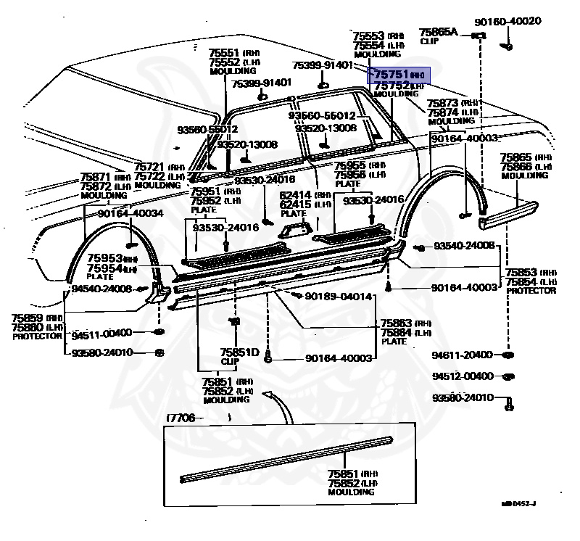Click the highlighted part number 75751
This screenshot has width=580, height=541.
tap(391, 74)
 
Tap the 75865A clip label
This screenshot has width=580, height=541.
tap(439, 32)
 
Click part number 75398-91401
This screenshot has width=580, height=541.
tap(261, 83)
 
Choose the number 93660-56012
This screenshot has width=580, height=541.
tap(322, 116)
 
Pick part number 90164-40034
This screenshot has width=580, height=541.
tap(130, 213)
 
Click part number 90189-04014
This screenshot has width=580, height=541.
tap(339, 297)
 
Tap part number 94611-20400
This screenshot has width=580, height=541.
tap(462, 355)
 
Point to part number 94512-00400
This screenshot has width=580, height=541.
tap(462, 376)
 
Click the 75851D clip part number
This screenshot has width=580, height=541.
tap(239, 352)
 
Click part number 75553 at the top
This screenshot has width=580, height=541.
tap(368, 36)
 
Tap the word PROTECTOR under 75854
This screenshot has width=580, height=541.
tap(531, 291)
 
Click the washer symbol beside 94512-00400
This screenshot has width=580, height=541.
tap(508, 377)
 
